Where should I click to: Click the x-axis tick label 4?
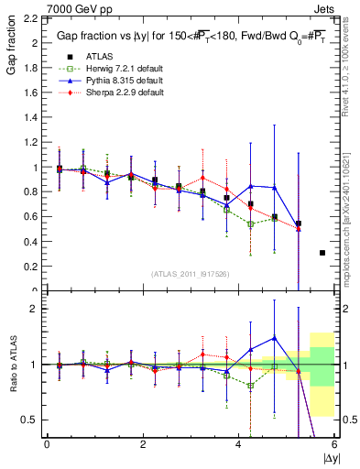(238, 445)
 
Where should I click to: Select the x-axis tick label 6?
(334, 445)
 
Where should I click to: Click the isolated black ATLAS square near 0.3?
(322, 253)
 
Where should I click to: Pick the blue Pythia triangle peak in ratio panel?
(274, 337)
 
